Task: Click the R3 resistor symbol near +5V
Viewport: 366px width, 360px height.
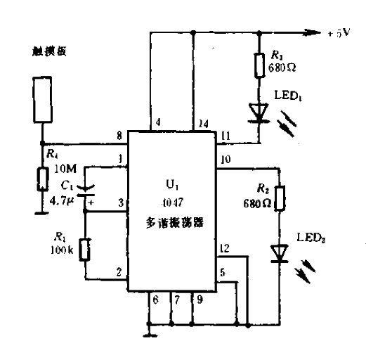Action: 261,65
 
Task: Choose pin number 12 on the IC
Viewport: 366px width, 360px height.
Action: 223,247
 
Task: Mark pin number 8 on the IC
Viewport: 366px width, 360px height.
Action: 120,135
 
